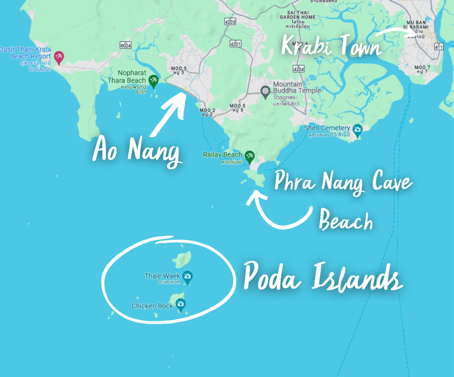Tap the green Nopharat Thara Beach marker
pos(153,81)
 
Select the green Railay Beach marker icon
pos(249,155)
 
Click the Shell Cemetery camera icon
pos(357,129)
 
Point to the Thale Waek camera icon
pos(187,277)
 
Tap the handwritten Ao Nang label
pos(137,150)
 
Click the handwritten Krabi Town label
pos(331,46)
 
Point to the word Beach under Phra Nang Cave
pos(346,220)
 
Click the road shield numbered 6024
pos(126,45)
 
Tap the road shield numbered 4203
pos(230,22)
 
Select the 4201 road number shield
pos(235,44)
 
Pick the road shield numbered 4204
pos(298,69)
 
